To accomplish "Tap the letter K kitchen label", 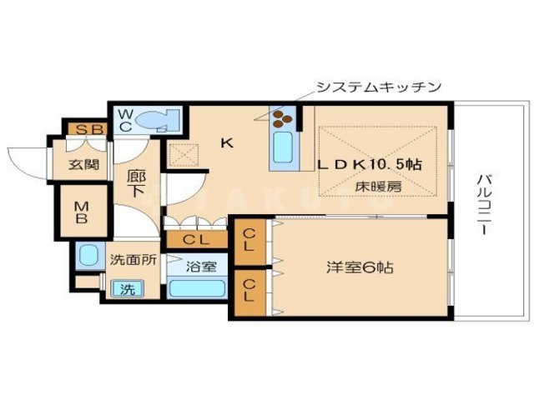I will (x=225, y=142).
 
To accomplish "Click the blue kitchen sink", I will (x=281, y=151).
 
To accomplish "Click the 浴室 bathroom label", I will (x=201, y=267).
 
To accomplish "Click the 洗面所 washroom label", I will (x=133, y=259).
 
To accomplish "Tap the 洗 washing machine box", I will (x=128, y=288).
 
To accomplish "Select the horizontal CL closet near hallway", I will (x=196, y=240).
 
